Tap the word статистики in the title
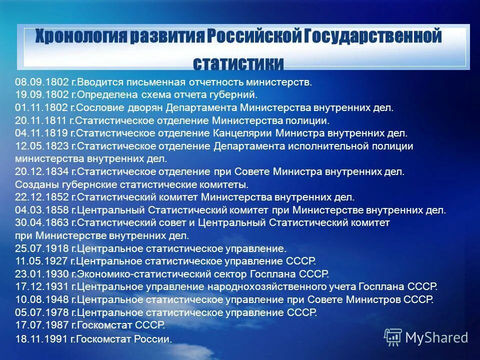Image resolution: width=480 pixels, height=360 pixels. coord(238,63)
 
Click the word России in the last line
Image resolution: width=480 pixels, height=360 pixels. coord(155,339)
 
